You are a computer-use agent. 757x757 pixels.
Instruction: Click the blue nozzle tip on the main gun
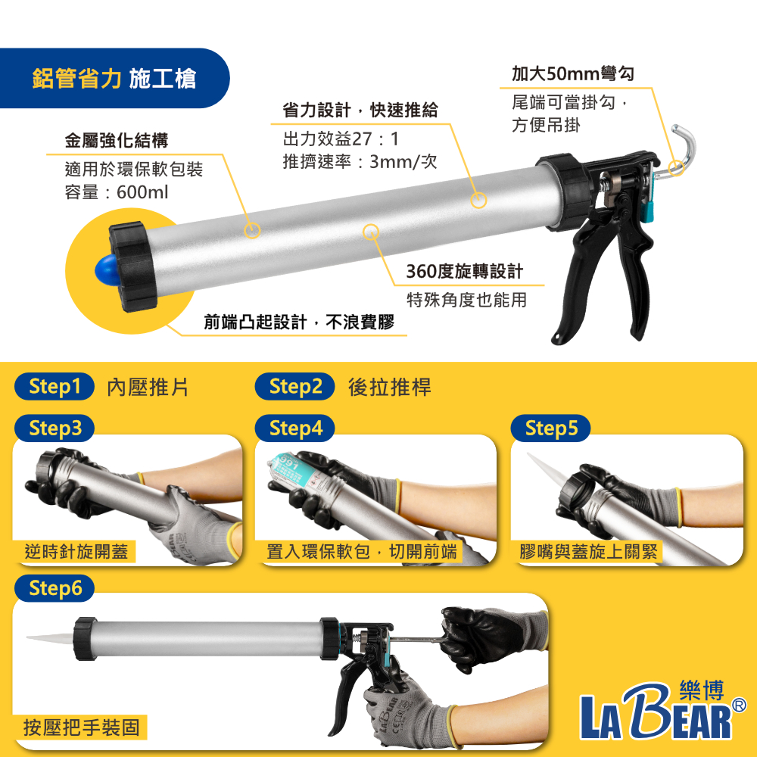point(106,270)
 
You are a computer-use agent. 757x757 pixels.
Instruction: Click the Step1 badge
point(55,386)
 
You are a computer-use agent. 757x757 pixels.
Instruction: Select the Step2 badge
point(295,386)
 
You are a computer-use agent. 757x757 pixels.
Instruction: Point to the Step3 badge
point(55,428)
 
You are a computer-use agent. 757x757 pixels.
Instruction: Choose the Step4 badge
point(295,428)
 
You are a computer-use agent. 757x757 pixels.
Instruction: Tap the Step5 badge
point(551,428)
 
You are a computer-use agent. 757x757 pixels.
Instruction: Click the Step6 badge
point(55,588)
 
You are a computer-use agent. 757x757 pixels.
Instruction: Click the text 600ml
point(142,192)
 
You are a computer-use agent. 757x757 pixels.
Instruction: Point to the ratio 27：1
point(375,139)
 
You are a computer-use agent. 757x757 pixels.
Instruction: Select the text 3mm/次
point(403,162)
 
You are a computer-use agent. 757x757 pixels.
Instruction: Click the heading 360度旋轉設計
point(465,271)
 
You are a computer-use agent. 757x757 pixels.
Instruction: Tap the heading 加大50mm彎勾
point(573,74)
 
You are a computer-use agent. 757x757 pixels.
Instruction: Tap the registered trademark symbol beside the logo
point(739,705)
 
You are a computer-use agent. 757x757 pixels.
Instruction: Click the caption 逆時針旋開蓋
point(76,551)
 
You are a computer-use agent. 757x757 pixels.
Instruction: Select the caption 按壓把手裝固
point(82,727)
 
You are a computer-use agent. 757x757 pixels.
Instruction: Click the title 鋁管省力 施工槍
point(114,79)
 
